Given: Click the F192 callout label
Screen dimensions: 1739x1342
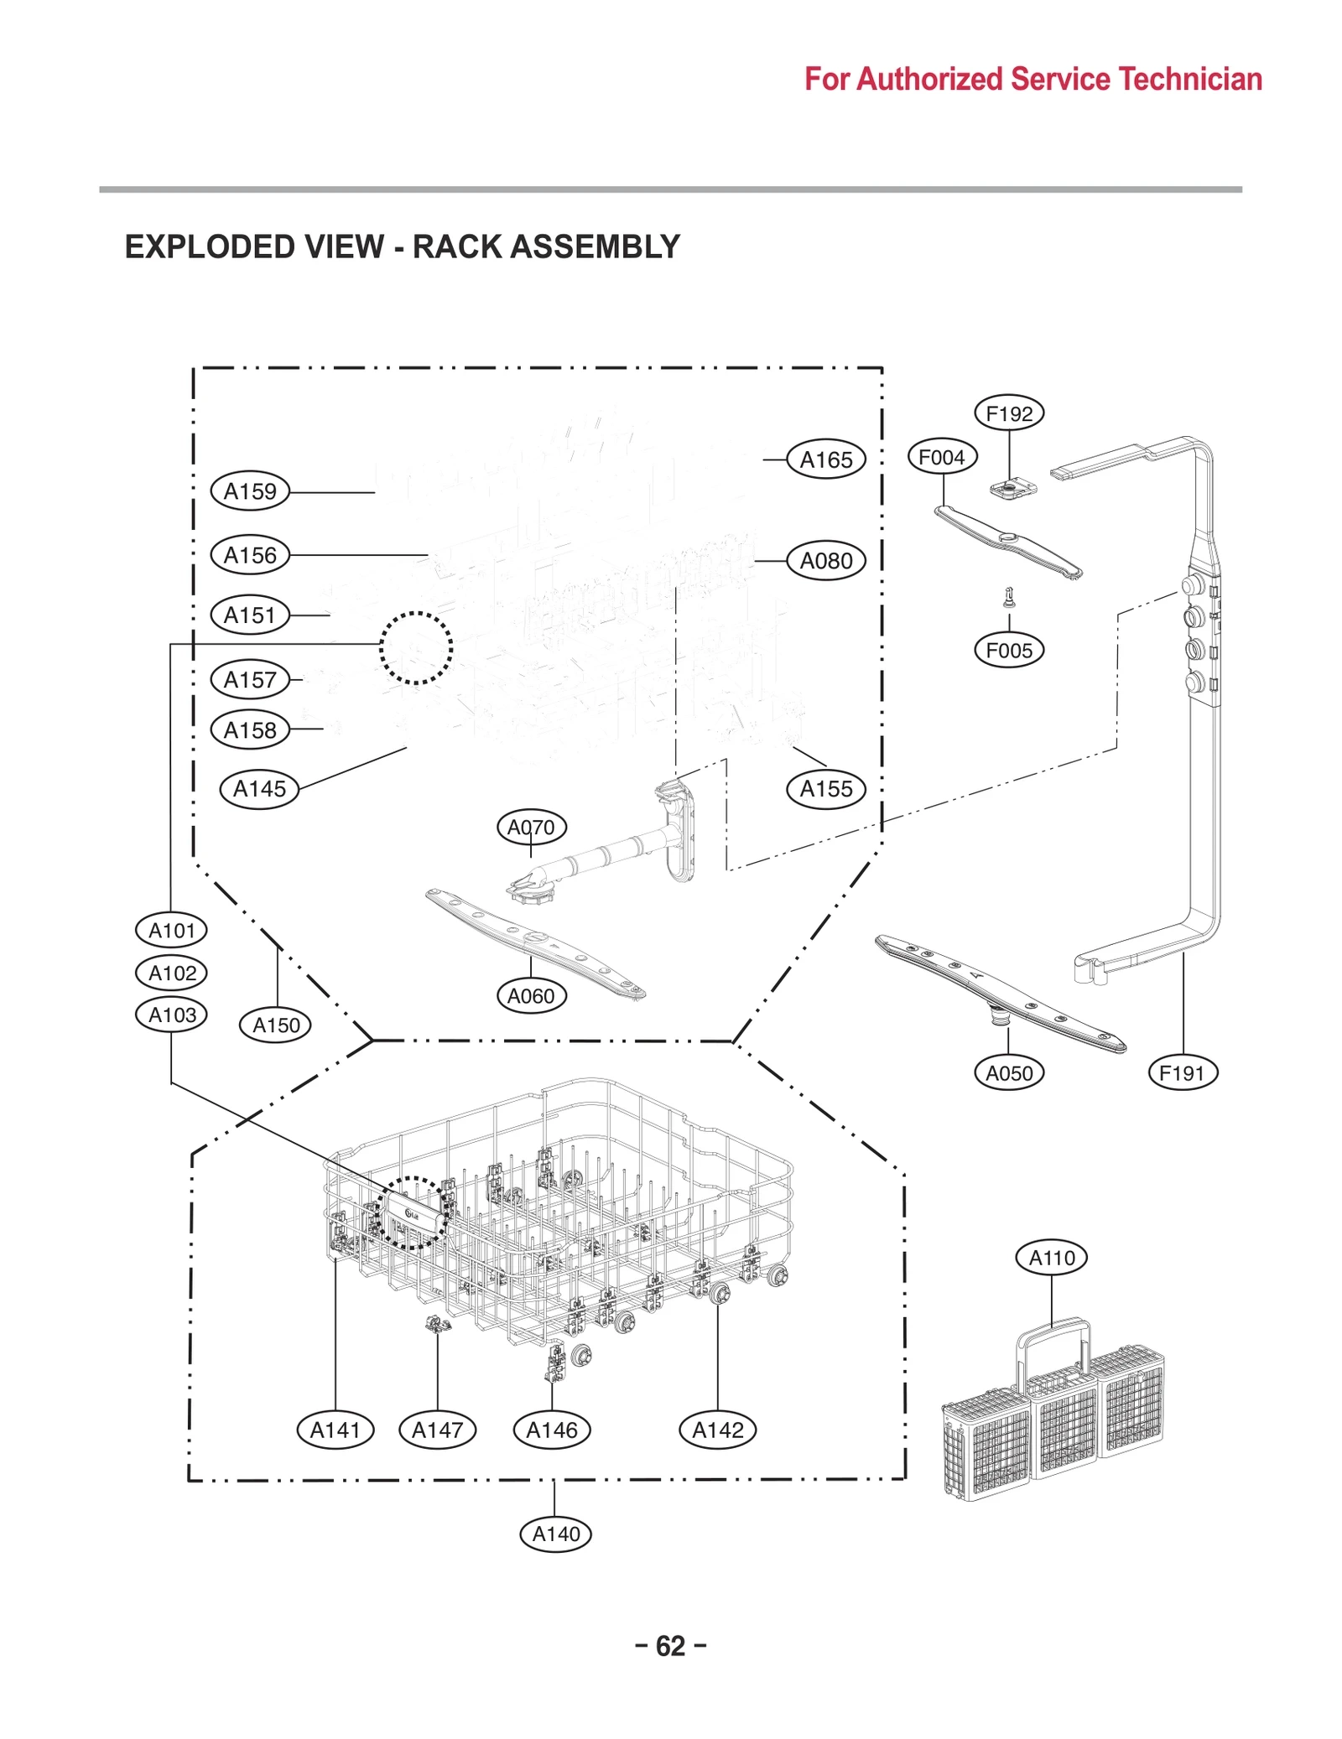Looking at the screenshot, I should tap(1009, 413).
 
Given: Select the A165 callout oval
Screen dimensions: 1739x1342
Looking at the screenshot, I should tap(826, 459).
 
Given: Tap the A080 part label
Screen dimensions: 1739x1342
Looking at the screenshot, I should tap(826, 560).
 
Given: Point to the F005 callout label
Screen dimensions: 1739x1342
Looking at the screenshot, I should tap(1009, 650).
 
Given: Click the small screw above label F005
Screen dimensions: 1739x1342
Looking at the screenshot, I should tap(1009, 597).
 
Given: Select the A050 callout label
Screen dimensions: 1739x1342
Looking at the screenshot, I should tap(1009, 1072).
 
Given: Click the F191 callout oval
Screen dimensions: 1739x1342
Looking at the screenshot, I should tap(1182, 1072).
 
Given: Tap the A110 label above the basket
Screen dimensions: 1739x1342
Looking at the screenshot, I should tap(1052, 1258).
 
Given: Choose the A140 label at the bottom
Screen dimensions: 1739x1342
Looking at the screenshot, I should tap(556, 1534).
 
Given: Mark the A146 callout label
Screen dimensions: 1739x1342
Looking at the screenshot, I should tap(552, 1430).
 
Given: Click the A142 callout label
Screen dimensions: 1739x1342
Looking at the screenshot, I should tap(718, 1430).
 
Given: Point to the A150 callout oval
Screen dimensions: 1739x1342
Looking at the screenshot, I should tap(276, 1025).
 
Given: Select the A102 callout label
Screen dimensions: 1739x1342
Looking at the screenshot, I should tap(172, 973).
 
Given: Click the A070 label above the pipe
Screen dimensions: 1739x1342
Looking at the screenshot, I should tap(531, 828).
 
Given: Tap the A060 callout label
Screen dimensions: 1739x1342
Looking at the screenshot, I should tap(531, 996).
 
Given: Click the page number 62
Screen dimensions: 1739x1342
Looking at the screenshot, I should tap(670, 1646).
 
